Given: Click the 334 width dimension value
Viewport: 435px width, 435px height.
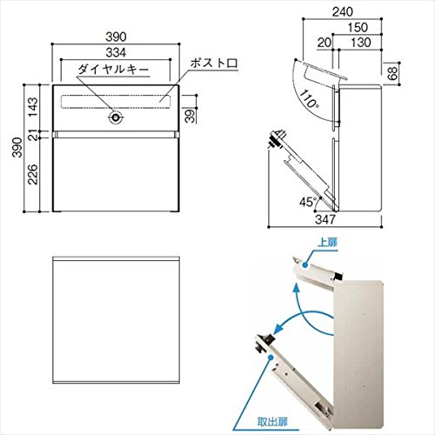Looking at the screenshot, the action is click(x=116, y=53).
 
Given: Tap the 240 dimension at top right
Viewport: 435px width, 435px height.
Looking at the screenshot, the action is click(x=343, y=12).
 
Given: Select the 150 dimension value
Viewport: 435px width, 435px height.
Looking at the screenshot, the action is click(x=358, y=28).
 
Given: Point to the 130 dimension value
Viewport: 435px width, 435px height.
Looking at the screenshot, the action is click(x=361, y=43).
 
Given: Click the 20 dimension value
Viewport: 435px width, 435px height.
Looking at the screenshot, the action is click(x=325, y=43).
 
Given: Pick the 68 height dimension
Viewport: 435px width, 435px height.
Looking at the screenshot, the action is click(x=392, y=73).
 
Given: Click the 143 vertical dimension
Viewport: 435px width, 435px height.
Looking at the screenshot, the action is click(x=33, y=107).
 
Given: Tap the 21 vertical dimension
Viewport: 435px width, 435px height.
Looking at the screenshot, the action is click(x=35, y=135).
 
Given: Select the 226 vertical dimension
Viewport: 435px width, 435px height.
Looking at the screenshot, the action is click(x=33, y=174).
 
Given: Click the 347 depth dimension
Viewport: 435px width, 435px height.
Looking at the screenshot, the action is click(x=325, y=219).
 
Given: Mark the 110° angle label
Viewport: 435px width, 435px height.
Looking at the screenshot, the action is click(x=308, y=98).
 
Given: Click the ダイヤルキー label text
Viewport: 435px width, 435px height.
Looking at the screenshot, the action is click(x=113, y=70).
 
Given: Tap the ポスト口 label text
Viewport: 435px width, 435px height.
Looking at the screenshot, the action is click(x=214, y=64).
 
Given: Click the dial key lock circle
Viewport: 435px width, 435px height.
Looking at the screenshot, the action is click(x=116, y=117).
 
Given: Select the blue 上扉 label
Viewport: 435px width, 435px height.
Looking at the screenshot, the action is click(x=328, y=242).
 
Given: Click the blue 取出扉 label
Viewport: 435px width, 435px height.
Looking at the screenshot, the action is click(x=272, y=422).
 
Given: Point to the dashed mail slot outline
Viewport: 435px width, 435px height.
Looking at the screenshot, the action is click(x=116, y=102).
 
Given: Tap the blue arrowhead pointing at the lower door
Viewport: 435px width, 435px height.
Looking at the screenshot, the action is click(x=278, y=327).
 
